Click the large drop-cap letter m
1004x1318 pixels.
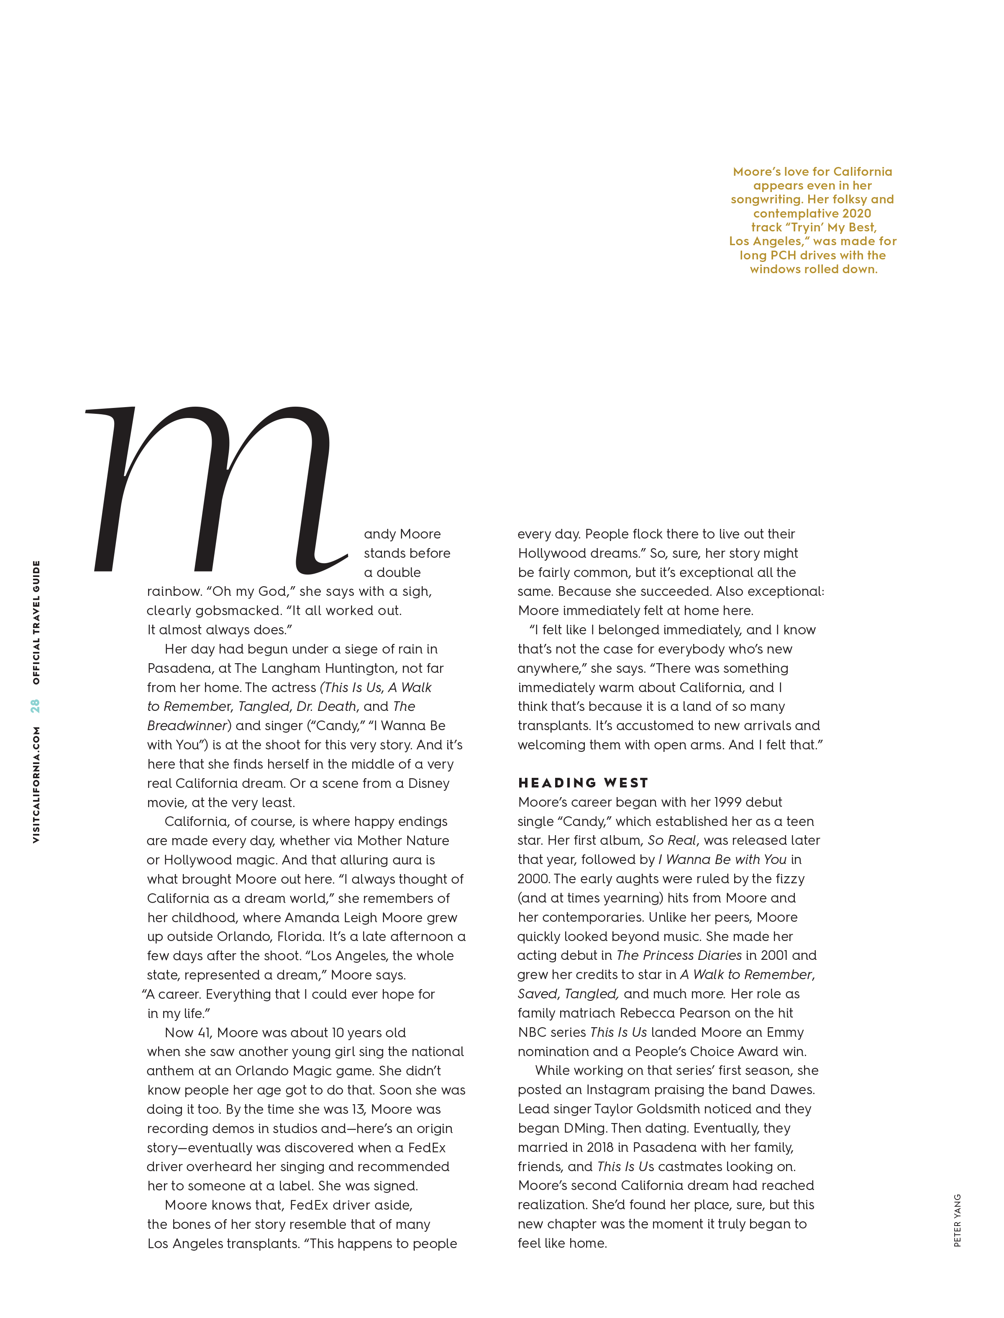coord(215,490)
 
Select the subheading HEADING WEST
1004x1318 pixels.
coord(583,783)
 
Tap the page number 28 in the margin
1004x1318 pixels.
coord(36,706)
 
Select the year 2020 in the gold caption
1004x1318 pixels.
coord(856,213)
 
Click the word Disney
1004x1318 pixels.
coord(428,783)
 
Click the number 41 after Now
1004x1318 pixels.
coord(205,1033)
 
